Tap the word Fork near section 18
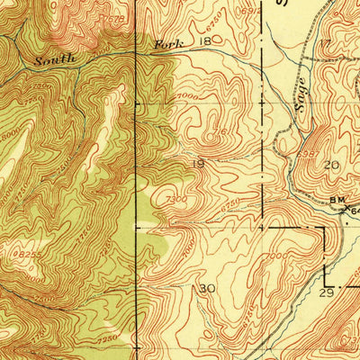pos(169,44)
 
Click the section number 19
pos(200,162)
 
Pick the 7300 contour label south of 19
pos(176,199)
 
